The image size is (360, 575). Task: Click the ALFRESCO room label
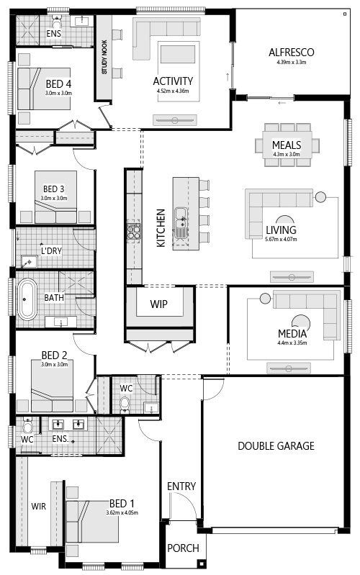tap(292, 53)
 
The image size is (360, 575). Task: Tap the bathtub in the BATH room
tap(27, 299)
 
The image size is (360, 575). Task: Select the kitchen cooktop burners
tap(134, 232)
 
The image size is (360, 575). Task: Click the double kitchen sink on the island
tap(181, 222)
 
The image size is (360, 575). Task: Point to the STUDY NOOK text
tap(104, 57)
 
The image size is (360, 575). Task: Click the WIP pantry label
tap(159, 304)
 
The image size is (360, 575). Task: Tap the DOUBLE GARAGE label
tap(276, 446)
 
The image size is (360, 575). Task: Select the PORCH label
tap(183, 548)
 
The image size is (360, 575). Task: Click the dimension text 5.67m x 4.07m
tap(281, 240)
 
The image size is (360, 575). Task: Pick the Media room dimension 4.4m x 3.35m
tap(292, 343)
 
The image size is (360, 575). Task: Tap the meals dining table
tap(287, 145)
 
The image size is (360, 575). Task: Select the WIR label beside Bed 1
tap(39, 507)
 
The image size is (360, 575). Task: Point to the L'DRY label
tap(51, 251)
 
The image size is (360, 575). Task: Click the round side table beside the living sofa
tap(320, 197)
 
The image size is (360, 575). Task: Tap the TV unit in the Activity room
tap(175, 120)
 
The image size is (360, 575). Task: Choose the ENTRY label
tap(181, 486)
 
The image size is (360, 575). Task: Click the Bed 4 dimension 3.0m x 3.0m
tap(59, 93)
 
